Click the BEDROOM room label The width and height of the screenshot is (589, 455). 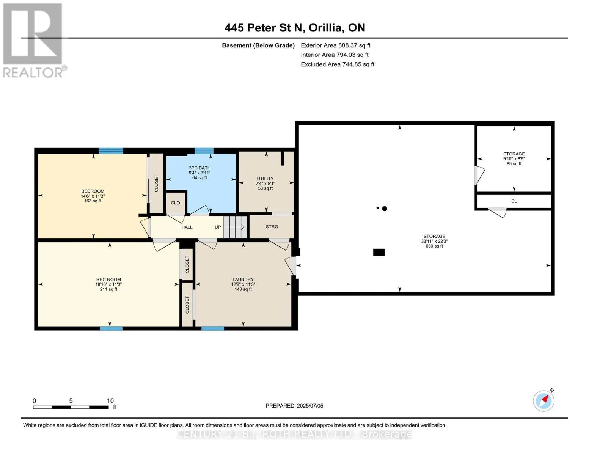click(93, 191)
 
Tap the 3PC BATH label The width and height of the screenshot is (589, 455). click(200, 168)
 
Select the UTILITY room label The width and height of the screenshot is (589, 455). click(265, 179)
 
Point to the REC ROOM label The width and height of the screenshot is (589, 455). click(108, 279)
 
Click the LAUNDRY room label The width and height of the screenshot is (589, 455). click(243, 279)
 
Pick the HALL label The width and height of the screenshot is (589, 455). click(187, 227)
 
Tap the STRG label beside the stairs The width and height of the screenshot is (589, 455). click(272, 226)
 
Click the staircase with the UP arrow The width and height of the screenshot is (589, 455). click(235, 227)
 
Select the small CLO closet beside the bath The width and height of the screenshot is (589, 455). click(175, 203)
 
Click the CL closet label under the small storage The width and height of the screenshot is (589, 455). click(514, 201)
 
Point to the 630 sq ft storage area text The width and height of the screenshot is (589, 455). click(434, 246)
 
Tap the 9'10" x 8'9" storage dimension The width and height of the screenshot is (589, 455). click(514, 159)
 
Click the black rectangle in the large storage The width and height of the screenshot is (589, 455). click(379, 252)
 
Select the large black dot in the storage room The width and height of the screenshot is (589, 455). click(384, 209)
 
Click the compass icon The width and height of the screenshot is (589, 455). click(543, 400)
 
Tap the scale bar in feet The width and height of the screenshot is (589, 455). click(71, 407)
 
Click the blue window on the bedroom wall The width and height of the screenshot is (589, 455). click(111, 151)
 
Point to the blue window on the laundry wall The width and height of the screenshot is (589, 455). click(212, 328)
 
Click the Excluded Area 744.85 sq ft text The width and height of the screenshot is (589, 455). click(338, 64)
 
